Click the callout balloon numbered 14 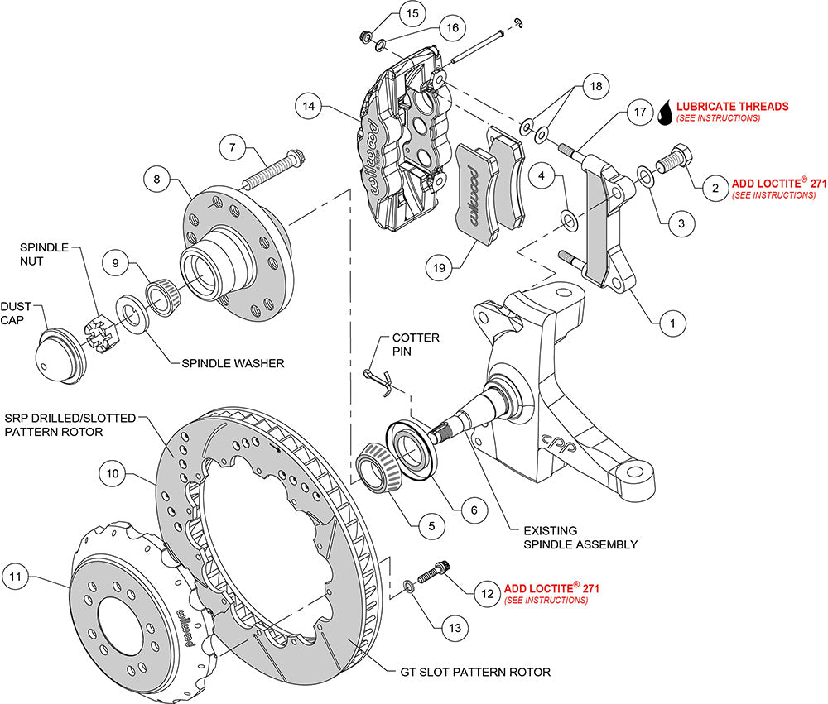point(308,106)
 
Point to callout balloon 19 point(441,266)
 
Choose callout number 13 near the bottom point(453,629)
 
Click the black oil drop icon point(664,113)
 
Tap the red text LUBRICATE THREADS point(732,107)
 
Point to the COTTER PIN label point(416,345)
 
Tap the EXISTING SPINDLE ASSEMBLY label point(580,537)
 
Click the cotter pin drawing point(380,379)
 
